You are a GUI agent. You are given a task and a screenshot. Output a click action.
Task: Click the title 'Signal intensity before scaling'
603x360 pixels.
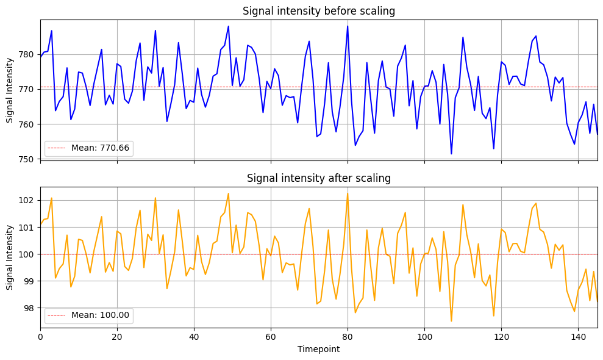pos(319,11)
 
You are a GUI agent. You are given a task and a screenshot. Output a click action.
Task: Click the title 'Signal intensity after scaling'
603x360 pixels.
pos(319,178)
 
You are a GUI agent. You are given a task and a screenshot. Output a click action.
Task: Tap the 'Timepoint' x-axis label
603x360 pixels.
pos(319,350)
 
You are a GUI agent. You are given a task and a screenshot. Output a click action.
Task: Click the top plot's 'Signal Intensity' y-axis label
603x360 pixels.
pos(10,90)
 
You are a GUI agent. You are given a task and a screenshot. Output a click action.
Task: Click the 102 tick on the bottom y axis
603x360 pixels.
pos(29,200)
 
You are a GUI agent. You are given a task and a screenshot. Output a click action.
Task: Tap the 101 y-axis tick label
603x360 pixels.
pos(29,227)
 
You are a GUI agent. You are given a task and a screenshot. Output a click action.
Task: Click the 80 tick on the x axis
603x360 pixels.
pos(348,337)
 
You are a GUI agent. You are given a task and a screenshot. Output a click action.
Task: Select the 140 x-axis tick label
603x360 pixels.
pos(577,337)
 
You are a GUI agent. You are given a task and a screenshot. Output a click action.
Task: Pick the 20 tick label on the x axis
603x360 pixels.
pos(117,337)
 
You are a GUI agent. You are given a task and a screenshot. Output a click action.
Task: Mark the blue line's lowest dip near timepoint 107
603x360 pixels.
pos(451,154)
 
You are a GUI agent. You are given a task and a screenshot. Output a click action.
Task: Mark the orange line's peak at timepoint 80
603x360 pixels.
pos(348,193)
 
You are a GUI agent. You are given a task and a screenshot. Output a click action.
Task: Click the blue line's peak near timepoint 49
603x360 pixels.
pos(229,26)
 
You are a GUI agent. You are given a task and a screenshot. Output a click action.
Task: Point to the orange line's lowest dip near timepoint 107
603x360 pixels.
pos(451,321)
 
